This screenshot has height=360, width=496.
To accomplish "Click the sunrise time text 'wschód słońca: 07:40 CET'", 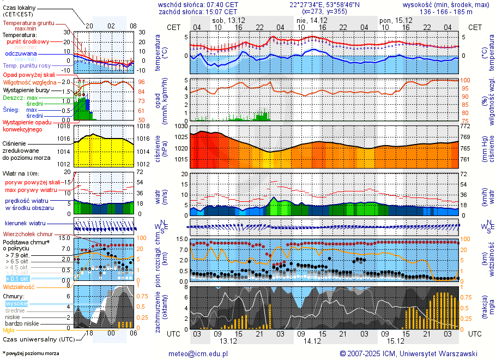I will [x=197, y=4].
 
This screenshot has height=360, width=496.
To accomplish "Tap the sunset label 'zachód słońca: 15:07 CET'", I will [x=197, y=11].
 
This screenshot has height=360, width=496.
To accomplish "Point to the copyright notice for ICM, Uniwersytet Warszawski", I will [x=408, y=353].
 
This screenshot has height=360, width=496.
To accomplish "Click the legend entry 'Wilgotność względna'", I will [x=33, y=82].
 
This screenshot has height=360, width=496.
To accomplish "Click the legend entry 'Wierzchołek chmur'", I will [x=27, y=234].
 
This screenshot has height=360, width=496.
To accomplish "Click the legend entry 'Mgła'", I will [x=9, y=330].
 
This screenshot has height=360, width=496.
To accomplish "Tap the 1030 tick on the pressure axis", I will [x=182, y=127].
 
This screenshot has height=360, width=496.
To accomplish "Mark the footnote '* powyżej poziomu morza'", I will [x=31, y=353].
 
